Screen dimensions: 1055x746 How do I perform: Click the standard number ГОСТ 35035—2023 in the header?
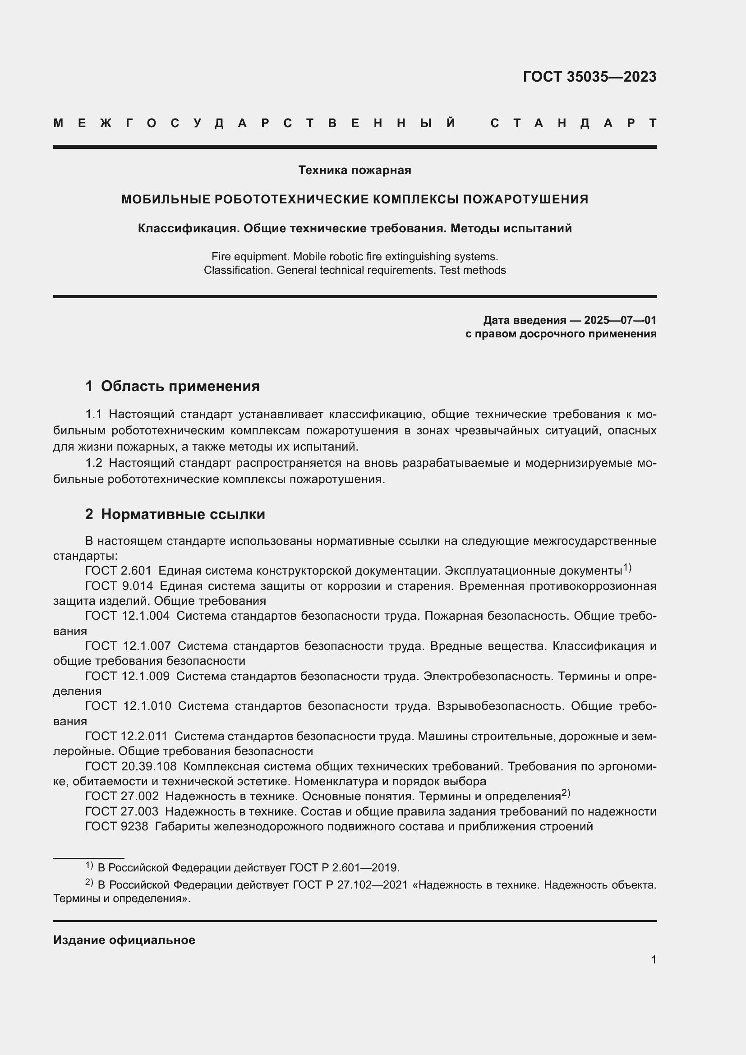click(x=589, y=77)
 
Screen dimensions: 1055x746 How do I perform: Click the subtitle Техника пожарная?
click(x=355, y=170)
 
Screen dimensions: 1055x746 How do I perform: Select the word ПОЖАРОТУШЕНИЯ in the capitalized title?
click(x=525, y=199)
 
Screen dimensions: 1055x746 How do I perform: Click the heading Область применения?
click(x=180, y=386)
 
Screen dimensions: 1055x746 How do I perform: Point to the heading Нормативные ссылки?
click(x=183, y=514)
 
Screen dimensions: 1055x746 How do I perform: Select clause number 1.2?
click(x=94, y=463)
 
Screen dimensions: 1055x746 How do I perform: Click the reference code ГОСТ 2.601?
click(x=118, y=571)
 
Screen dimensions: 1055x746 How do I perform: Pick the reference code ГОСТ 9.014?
click(x=119, y=586)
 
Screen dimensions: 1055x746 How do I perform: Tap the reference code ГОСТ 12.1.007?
click(x=128, y=646)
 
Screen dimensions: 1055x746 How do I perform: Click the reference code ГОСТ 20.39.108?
click(x=131, y=766)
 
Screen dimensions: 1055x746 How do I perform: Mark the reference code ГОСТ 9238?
click(x=117, y=827)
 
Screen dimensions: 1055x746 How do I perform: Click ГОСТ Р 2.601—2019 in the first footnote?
click(x=344, y=868)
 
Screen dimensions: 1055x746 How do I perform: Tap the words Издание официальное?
click(x=124, y=940)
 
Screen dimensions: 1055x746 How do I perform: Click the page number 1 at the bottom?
click(x=653, y=959)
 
